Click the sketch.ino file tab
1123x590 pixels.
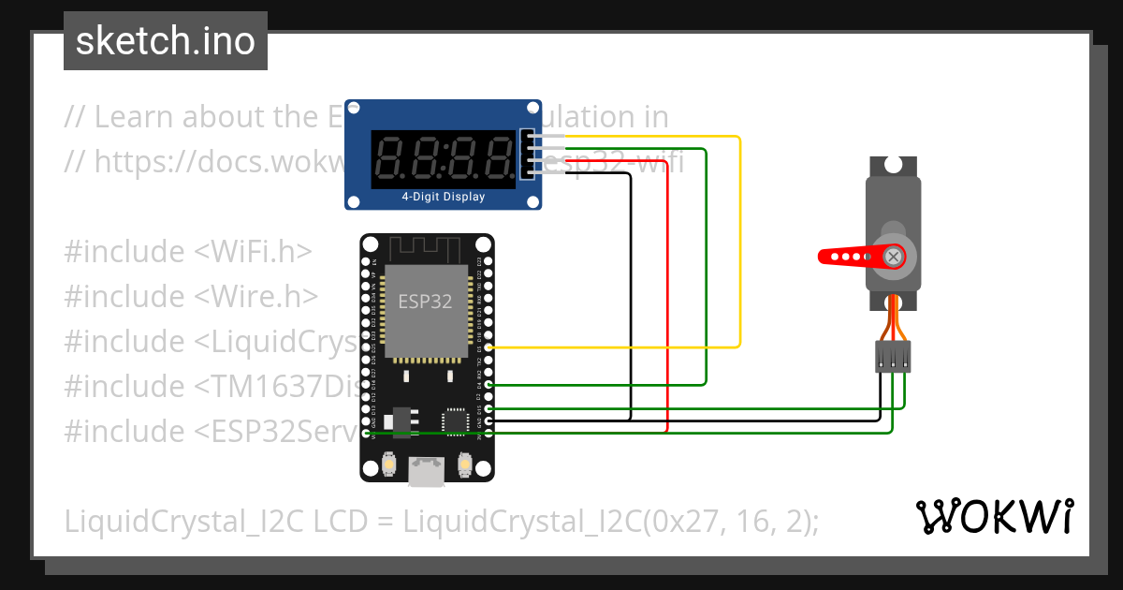point(165,41)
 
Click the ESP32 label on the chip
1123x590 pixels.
point(426,302)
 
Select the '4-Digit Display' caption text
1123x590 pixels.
point(444,197)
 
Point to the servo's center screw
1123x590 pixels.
point(895,256)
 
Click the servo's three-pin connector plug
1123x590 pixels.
point(893,357)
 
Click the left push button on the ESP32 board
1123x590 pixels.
point(389,464)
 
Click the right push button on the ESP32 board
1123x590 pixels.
point(464,464)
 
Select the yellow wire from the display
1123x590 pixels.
point(739,243)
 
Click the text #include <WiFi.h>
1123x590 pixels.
point(188,252)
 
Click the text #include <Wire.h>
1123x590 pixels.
point(191,297)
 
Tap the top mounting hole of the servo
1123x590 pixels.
point(893,165)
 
